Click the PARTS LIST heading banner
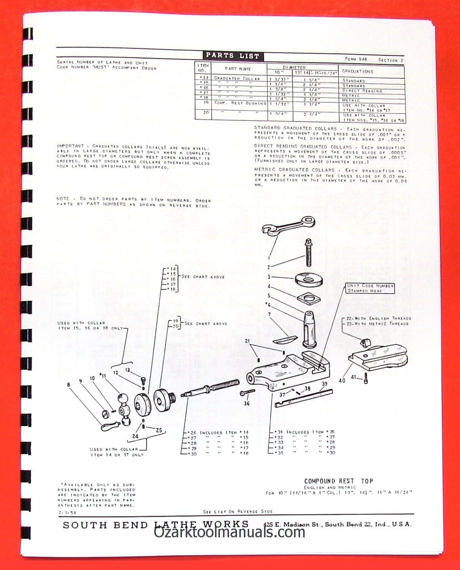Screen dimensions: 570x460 click(232, 56)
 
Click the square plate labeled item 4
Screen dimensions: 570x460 click(308, 298)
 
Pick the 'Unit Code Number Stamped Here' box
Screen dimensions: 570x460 click(370, 288)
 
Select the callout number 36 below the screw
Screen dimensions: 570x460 click(247, 403)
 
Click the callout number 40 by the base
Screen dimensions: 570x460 click(342, 380)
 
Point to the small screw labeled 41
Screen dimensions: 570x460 click(365, 378)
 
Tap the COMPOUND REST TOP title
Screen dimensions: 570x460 click(338, 481)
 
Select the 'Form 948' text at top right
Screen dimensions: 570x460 click(356, 59)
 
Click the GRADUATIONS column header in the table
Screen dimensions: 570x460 click(357, 71)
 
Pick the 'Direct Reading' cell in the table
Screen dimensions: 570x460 click(362, 91)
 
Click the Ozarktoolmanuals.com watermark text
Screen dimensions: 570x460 click(229, 532)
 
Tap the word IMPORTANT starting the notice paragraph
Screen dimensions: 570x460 click(70, 146)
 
